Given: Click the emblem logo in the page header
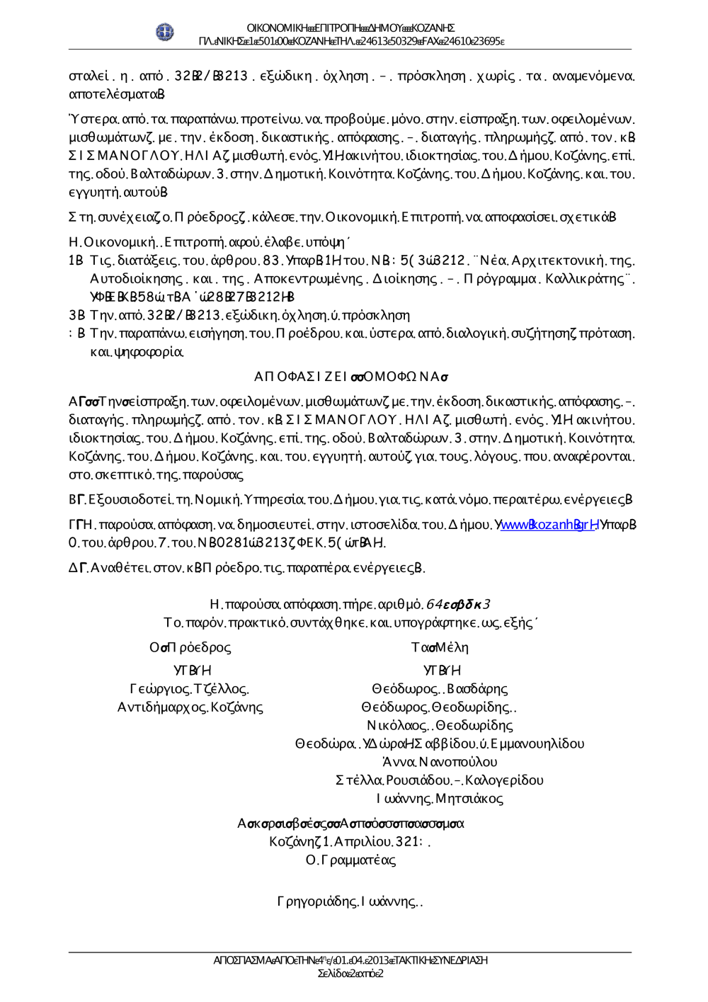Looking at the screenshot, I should point(165,32).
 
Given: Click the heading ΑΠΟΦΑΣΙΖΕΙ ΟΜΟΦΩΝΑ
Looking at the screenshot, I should point(351,376).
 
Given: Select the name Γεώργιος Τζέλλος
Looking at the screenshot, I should point(189,688).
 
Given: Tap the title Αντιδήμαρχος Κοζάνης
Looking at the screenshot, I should point(190,707).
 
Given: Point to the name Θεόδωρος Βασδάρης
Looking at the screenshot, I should point(440,688).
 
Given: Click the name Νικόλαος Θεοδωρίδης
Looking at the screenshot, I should point(440,725).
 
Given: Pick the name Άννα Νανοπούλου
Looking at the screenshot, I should point(440,762).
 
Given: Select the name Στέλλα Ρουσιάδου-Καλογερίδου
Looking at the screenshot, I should point(440,780).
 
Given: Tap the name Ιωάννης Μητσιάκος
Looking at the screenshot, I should point(440,799).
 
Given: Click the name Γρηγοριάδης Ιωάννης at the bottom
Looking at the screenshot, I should point(350,901).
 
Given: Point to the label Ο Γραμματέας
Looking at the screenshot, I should point(350,860).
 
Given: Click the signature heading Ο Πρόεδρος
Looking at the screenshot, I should point(190,647).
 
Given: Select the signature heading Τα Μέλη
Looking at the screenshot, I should point(440,647).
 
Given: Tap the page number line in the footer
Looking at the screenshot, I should point(350,974).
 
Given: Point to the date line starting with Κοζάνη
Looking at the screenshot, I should point(350,841).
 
